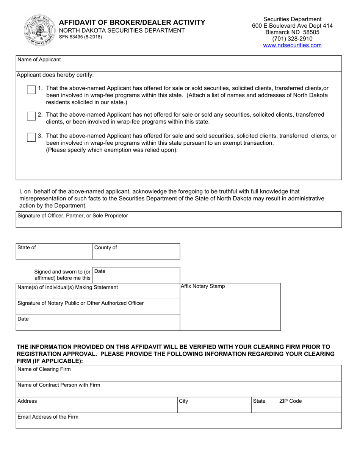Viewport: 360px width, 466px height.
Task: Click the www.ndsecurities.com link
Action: [x=292, y=45]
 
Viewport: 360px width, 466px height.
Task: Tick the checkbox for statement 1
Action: [x=31, y=90]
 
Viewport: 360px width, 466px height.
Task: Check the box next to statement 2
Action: [x=31, y=116]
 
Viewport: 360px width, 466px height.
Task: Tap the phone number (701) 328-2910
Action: [x=292, y=39]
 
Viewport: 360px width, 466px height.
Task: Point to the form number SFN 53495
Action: [x=80, y=37]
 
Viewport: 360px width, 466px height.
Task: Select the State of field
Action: [x=54, y=252]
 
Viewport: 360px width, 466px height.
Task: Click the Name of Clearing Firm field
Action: [x=178, y=374]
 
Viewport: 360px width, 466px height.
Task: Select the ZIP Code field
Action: [x=309, y=406]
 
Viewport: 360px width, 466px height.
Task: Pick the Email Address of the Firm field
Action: [x=178, y=422]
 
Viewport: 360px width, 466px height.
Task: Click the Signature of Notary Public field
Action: [x=97, y=308]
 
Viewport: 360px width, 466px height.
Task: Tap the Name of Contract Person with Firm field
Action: [x=178, y=390]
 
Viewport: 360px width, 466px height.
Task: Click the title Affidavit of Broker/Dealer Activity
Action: [x=132, y=22]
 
